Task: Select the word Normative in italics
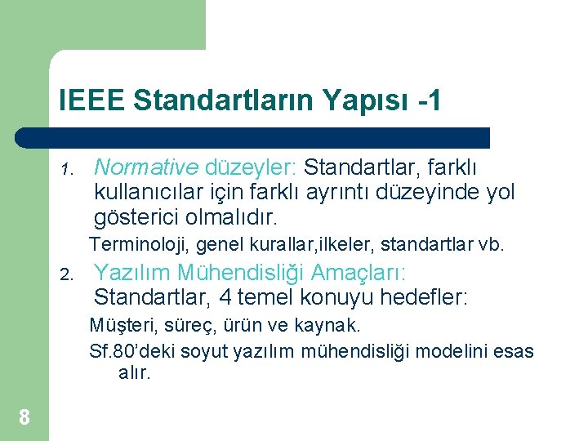click(146, 167)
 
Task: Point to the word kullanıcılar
click(149, 194)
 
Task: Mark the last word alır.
click(135, 374)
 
